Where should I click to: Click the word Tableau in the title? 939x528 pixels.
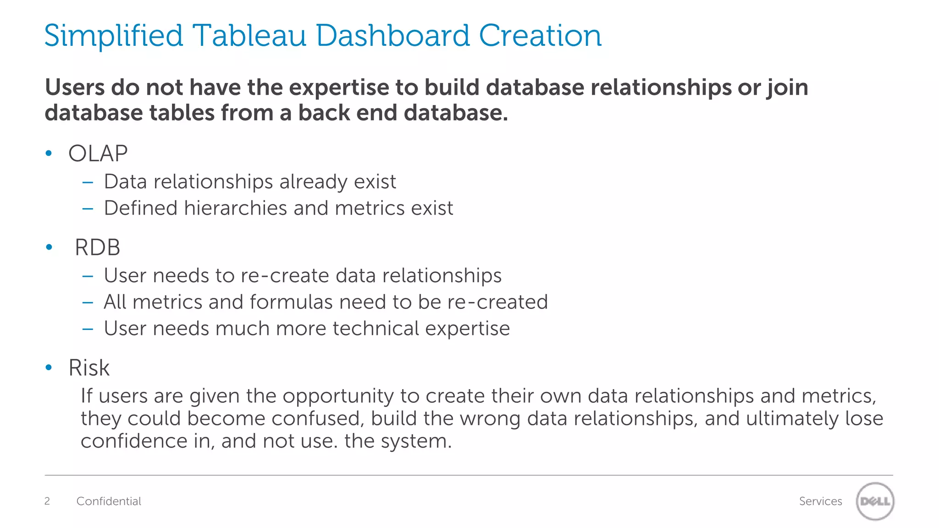[x=249, y=36]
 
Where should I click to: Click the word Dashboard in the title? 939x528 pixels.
[x=393, y=36]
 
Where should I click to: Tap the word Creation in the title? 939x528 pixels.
[x=540, y=36]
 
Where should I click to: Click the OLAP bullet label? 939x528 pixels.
[x=98, y=154]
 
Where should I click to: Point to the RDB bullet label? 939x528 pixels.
[x=97, y=248]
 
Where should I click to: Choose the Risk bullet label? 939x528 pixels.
[x=89, y=368]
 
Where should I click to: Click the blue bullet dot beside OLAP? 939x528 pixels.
[x=49, y=154]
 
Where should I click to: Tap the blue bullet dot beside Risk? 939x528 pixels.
[x=49, y=368]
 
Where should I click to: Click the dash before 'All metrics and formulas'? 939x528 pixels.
[x=88, y=302]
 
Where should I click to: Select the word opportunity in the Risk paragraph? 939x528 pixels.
[x=338, y=396]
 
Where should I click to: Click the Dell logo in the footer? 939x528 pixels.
[x=875, y=501]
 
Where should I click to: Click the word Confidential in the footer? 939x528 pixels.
[x=109, y=501]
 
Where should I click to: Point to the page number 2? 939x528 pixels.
[x=47, y=501]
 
